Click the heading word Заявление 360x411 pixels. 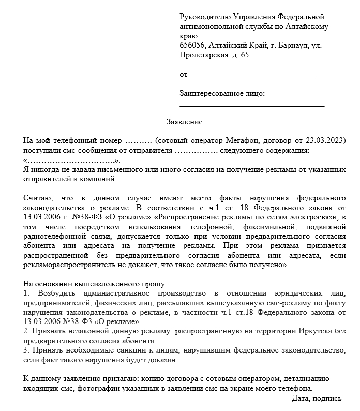[x=184, y=122]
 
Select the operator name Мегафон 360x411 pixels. [x=245, y=141]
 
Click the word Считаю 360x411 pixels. [x=38, y=198]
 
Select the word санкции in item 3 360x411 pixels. [x=123, y=350]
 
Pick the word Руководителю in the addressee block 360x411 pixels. [x=204, y=17]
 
